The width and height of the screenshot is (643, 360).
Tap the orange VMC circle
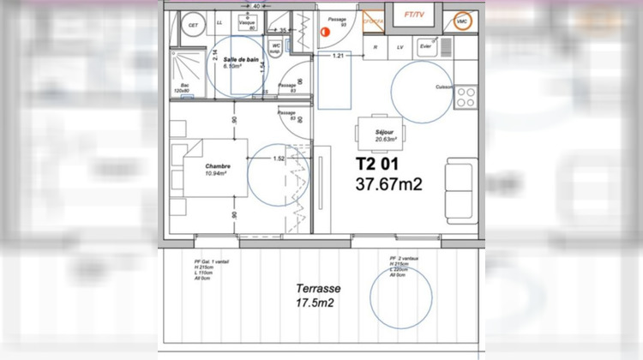(x=462, y=20)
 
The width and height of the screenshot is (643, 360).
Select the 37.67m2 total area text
(x=389, y=183)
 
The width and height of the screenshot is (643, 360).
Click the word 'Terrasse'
(x=315, y=289)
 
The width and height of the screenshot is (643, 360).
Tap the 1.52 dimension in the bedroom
(x=278, y=159)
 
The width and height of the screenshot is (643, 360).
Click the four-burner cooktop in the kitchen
(x=466, y=97)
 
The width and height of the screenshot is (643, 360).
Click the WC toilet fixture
(x=277, y=48)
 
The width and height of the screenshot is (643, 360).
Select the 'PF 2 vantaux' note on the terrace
(x=400, y=265)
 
